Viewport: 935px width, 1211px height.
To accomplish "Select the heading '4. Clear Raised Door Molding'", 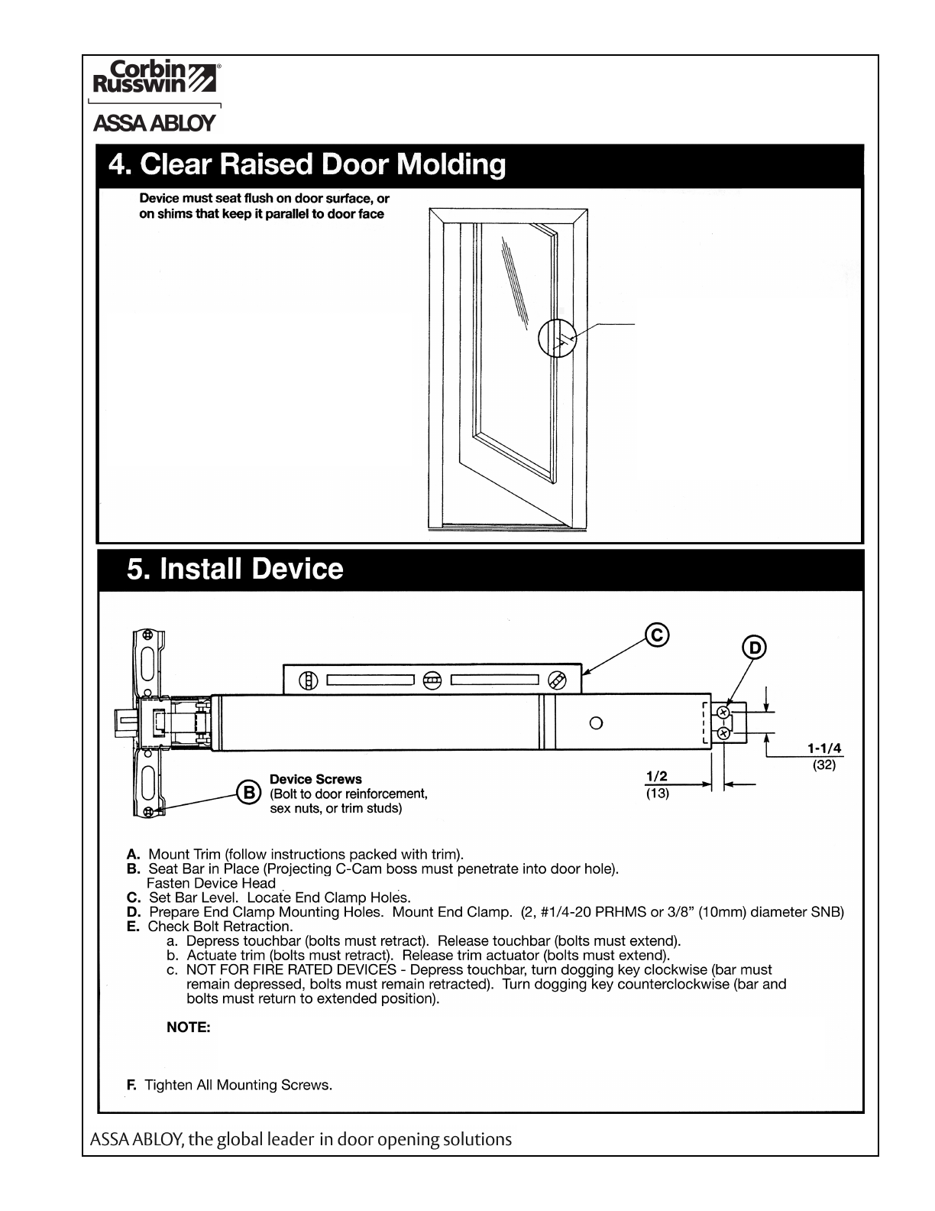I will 307,165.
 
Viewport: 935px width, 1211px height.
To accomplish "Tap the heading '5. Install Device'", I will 235,570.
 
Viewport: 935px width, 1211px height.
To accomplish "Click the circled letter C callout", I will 657,635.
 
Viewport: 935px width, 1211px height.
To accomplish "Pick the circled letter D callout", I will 754,648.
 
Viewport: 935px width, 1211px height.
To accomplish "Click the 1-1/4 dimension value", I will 825,748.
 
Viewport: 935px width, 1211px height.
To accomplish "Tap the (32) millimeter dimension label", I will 825,765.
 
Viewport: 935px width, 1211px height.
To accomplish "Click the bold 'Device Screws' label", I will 315,779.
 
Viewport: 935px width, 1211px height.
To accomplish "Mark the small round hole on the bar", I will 597,722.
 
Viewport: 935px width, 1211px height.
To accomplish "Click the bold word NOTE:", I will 189,1028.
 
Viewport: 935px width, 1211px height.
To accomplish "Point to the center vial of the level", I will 432,680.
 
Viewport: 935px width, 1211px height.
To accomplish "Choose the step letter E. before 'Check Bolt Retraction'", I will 133,927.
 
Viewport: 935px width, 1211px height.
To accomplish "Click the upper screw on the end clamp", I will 723,713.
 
